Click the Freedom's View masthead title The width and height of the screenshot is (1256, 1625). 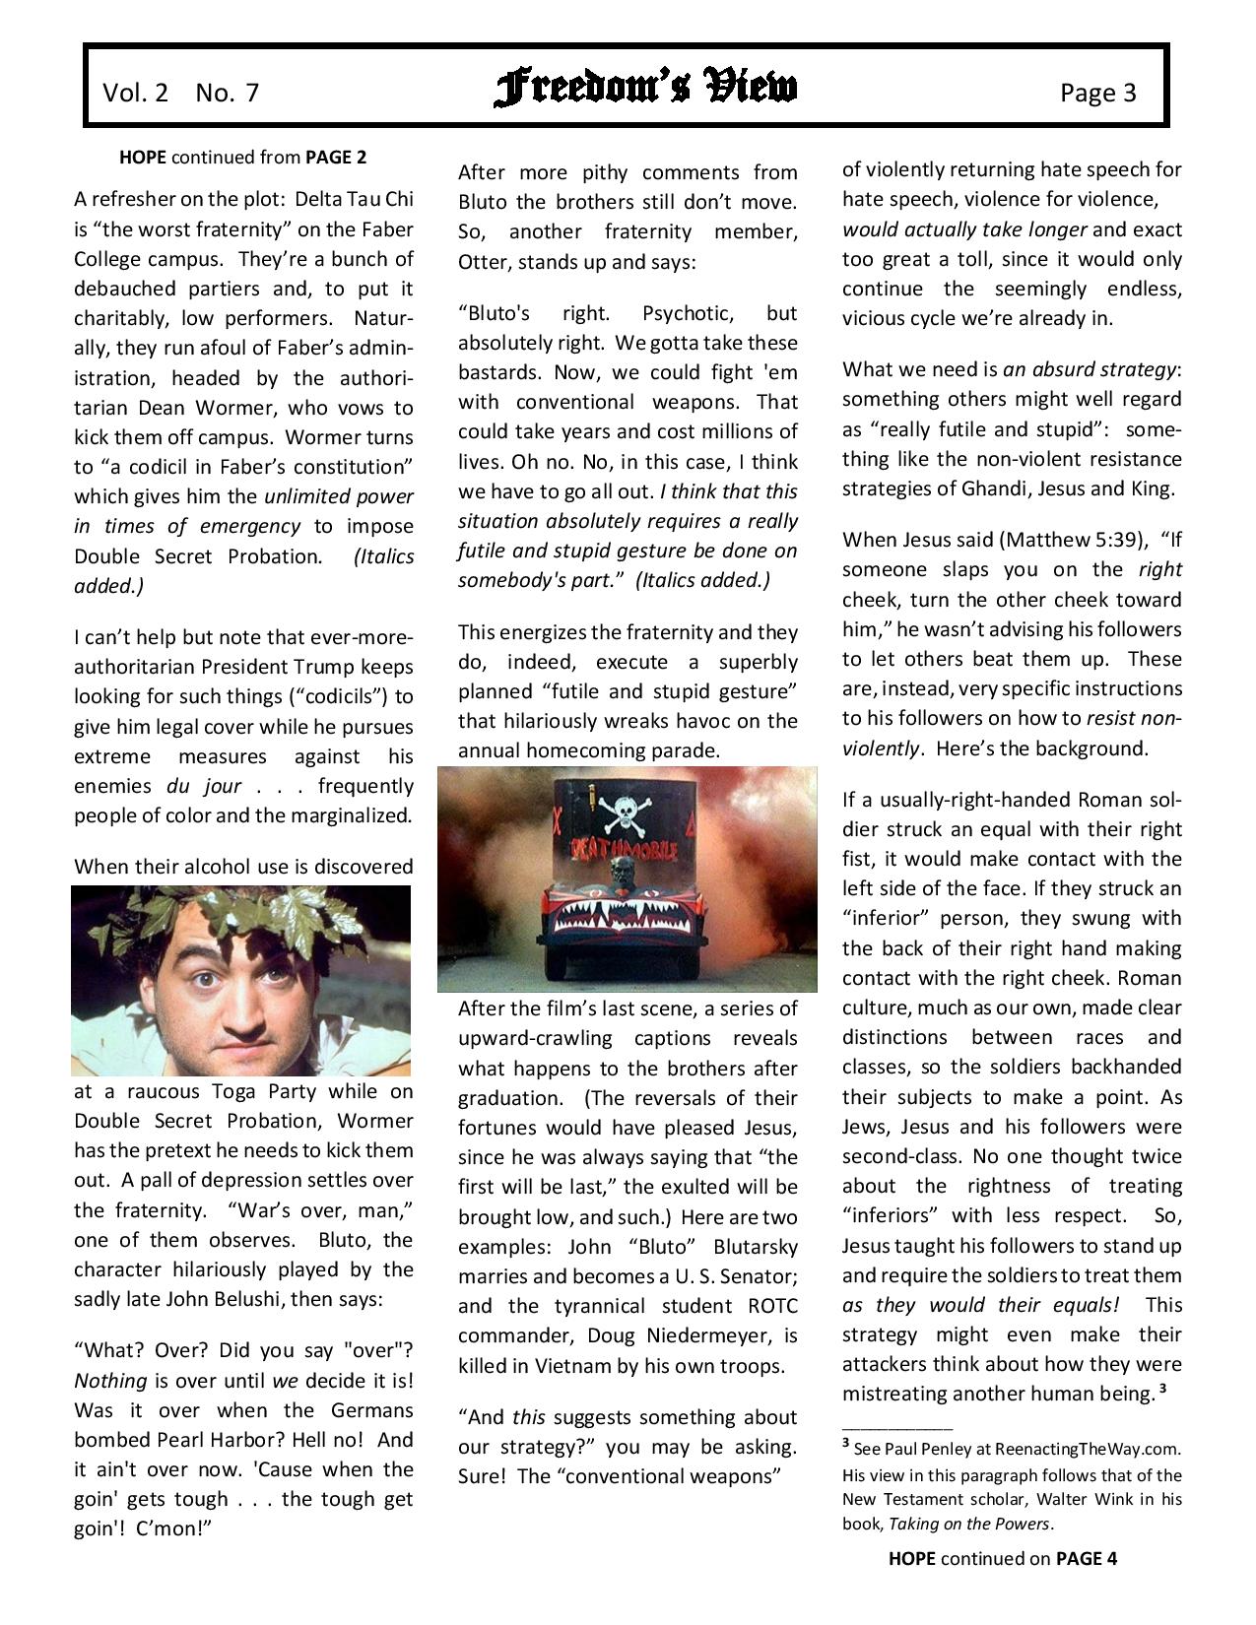(645, 89)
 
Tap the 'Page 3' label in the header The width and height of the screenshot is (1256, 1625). (1097, 93)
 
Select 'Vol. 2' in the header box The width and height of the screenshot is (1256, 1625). (135, 93)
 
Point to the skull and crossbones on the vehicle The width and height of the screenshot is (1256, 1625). (627, 809)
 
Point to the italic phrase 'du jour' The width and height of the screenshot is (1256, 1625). (173, 786)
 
